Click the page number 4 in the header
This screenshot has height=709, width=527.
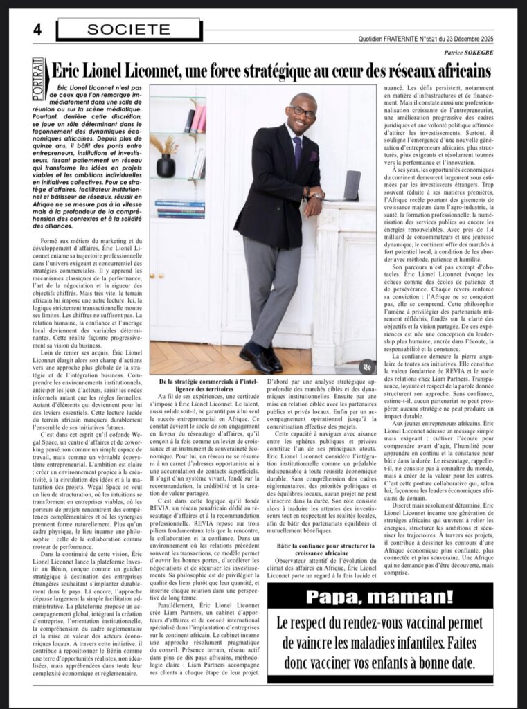tap(37, 29)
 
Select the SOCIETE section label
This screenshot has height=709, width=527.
tap(128, 29)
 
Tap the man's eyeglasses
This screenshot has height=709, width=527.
tap(303, 111)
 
